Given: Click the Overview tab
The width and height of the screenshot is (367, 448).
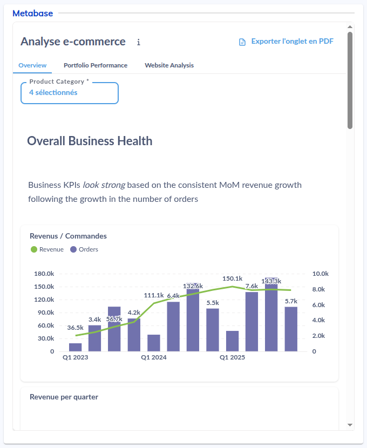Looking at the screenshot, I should (32, 65).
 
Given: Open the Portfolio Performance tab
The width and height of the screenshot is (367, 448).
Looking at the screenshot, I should (96, 65).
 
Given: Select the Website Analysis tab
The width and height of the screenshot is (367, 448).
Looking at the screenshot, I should (169, 65).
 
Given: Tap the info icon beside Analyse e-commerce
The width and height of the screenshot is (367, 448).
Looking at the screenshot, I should (139, 42).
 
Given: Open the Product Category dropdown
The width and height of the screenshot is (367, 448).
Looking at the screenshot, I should (70, 93).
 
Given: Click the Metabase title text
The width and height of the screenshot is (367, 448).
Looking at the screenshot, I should (32, 13).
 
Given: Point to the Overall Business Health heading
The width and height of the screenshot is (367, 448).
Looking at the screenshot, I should (90, 141).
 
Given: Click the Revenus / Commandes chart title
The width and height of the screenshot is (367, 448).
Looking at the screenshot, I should (68, 236).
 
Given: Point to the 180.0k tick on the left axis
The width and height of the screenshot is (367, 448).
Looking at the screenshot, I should (44, 274).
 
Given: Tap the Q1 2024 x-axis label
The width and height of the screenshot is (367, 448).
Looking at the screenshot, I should (154, 357).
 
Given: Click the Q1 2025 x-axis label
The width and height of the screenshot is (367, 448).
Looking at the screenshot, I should (233, 357).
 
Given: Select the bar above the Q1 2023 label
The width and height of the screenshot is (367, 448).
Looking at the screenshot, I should (76, 347).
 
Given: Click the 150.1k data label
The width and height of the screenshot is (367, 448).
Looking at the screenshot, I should (233, 279).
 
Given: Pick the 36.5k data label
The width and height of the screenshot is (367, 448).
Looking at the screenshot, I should (76, 328).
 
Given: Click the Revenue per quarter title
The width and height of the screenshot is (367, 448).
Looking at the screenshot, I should (64, 397).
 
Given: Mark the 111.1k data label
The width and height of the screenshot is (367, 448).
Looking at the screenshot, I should (154, 295).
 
